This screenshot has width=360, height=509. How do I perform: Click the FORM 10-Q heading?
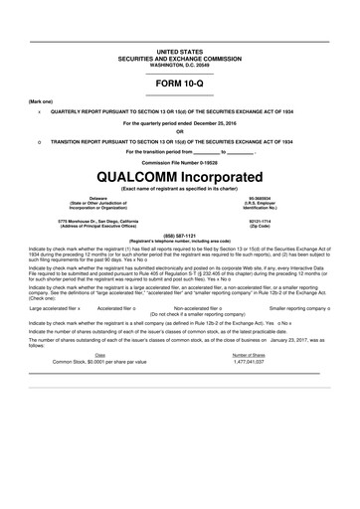pyautogui.click(x=180, y=83)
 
